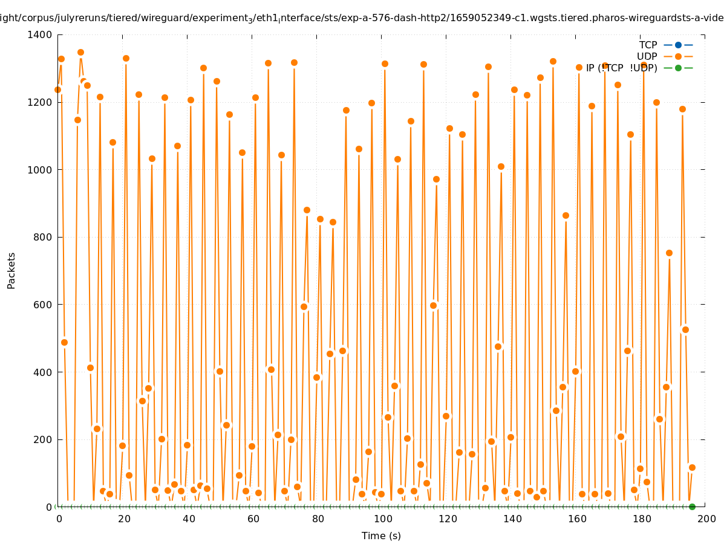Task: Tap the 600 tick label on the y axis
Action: (42, 305)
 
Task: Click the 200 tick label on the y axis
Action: (42, 439)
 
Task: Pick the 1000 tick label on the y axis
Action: (40, 170)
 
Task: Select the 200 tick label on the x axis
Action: (705, 519)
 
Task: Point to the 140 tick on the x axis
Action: (511, 519)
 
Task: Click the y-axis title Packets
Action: (11, 270)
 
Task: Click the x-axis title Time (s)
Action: (381, 536)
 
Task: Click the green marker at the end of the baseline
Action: (692, 507)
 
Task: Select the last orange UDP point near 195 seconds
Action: (692, 467)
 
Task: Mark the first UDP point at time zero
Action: (58, 89)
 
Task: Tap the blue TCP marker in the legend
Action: (678, 45)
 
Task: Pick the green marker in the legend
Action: (678, 68)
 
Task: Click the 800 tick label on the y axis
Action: (42, 237)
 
